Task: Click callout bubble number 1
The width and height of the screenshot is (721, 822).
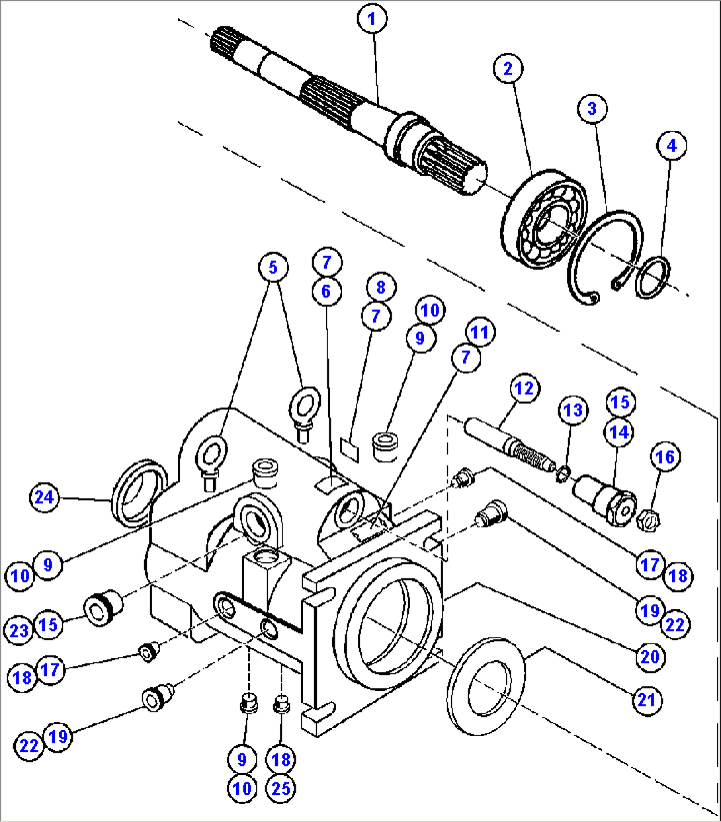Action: [x=372, y=19]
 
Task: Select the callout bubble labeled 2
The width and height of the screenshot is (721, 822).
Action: [x=507, y=69]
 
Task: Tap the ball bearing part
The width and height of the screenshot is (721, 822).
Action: [x=544, y=219]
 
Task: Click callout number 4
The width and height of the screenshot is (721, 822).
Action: [x=672, y=145]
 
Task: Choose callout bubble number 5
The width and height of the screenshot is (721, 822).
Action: [x=273, y=268]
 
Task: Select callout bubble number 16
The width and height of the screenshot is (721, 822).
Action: [x=665, y=457]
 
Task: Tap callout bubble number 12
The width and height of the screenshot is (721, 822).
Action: [x=524, y=389]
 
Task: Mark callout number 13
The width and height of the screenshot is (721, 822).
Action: [x=573, y=410]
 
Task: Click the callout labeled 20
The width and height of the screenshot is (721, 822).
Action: [x=650, y=656]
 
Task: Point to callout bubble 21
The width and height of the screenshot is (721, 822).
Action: [x=646, y=699]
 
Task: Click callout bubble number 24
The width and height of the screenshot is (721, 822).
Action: [x=44, y=497]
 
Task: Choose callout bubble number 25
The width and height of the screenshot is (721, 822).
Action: [x=281, y=788]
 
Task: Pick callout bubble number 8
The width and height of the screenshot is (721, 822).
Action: [x=380, y=287]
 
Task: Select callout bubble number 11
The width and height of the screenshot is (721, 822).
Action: [x=480, y=332]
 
